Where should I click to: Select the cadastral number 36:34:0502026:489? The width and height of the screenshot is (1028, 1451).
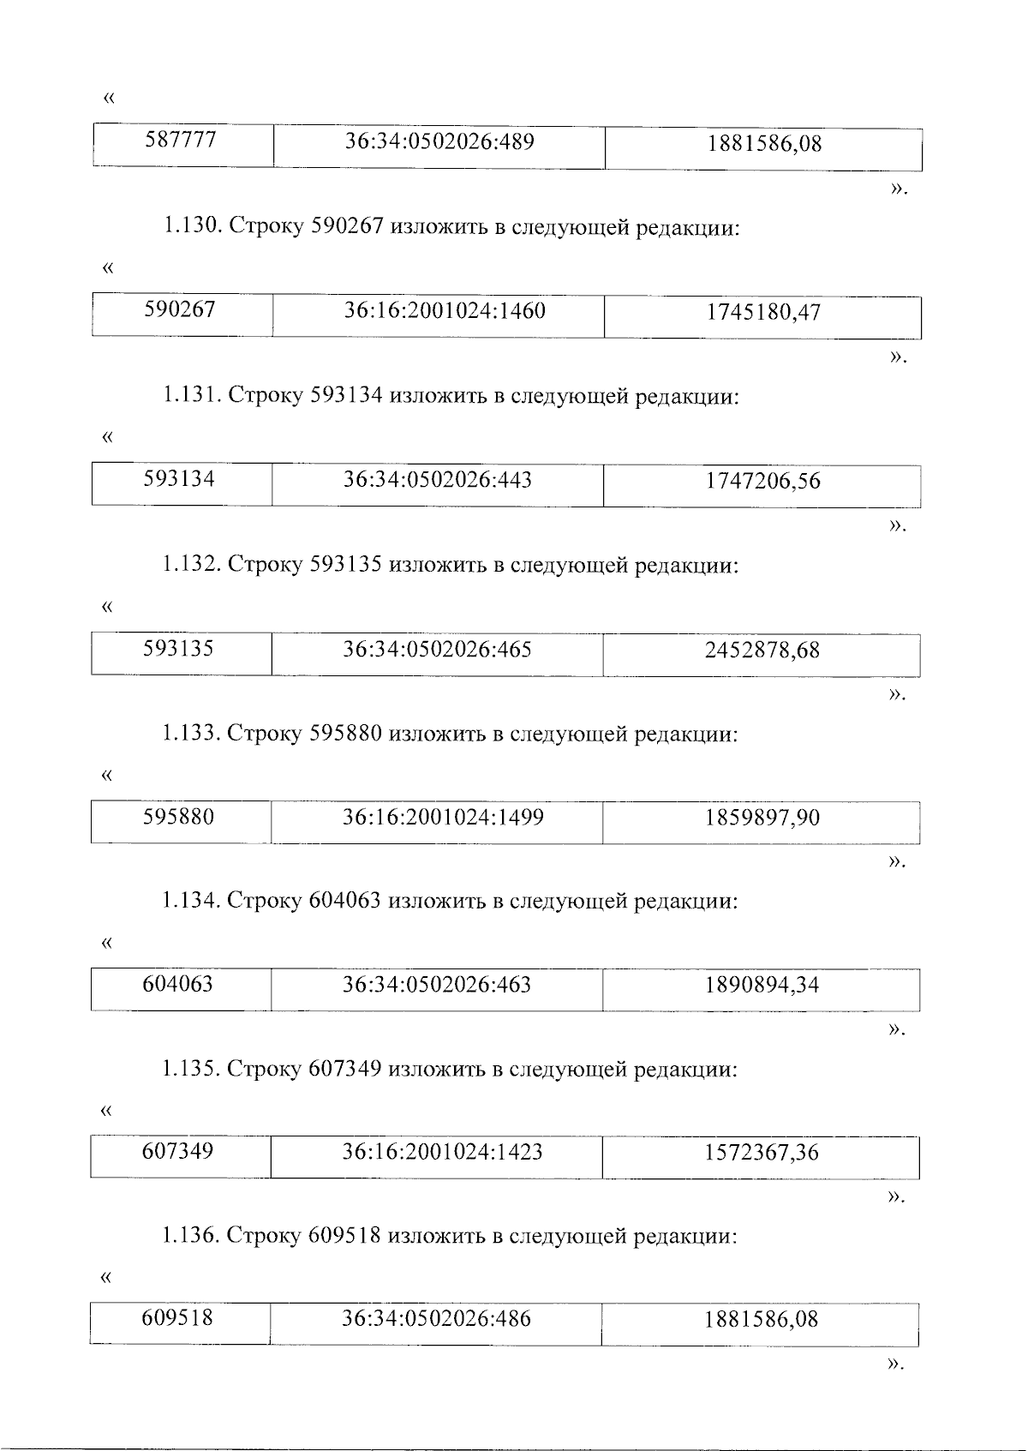click(439, 141)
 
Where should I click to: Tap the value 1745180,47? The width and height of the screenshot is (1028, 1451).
click(762, 313)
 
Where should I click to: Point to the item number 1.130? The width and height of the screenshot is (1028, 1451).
click(192, 230)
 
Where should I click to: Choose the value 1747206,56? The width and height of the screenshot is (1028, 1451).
click(762, 482)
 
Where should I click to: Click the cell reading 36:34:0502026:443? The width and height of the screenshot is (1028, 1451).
click(438, 480)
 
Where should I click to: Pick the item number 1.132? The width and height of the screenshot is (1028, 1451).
click(192, 567)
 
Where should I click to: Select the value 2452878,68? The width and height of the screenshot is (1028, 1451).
click(762, 651)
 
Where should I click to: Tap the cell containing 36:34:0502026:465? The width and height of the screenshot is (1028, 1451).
click(437, 650)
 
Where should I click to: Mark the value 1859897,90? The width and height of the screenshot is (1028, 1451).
click(762, 818)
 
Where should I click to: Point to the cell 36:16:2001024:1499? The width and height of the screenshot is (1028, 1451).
click(443, 818)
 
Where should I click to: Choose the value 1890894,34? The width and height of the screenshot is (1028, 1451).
click(762, 986)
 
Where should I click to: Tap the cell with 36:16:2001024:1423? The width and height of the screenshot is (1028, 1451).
click(442, 1153)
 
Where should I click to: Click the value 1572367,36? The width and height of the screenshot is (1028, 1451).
click(762, 1154)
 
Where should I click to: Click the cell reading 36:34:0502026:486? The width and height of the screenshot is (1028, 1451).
click(436, 1320)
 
